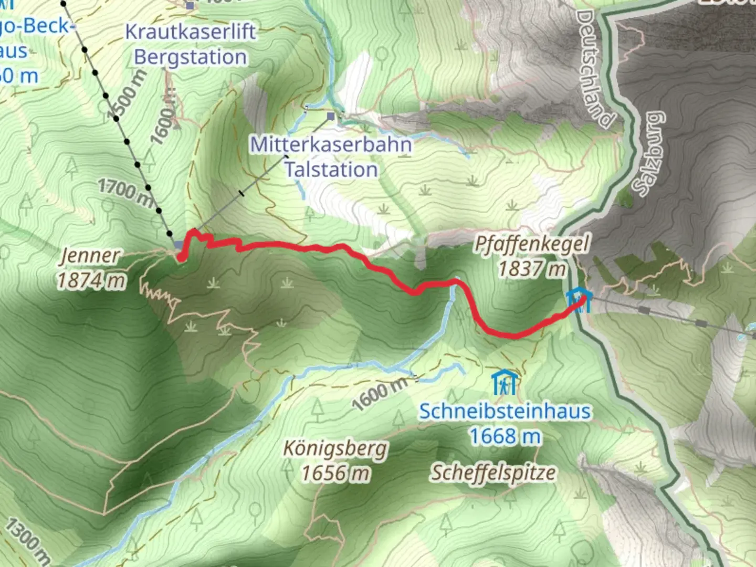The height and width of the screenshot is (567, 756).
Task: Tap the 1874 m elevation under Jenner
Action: (91, 280)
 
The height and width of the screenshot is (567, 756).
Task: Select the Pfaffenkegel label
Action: (531, 245)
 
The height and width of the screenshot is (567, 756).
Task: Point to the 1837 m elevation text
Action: (531, 269)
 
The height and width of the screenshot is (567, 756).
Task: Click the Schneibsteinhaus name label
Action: (505, 411)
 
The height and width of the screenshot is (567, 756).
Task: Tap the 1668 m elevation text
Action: (505, 436)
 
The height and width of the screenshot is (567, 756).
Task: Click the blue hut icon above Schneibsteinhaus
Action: (503, 383)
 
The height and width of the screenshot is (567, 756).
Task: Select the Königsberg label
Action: (335, 449)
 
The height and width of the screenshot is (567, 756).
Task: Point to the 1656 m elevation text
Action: (335, 474)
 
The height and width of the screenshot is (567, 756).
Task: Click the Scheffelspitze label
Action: (493, 472)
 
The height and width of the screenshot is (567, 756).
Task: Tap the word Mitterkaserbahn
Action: (331, 144)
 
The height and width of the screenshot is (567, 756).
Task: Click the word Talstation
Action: (331, 170)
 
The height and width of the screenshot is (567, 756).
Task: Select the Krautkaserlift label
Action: (190, 32)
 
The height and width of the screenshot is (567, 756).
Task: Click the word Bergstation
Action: (190, 57)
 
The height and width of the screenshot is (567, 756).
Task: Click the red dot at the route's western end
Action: (181, 258)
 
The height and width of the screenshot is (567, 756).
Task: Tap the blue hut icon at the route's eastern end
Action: (579, 300)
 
